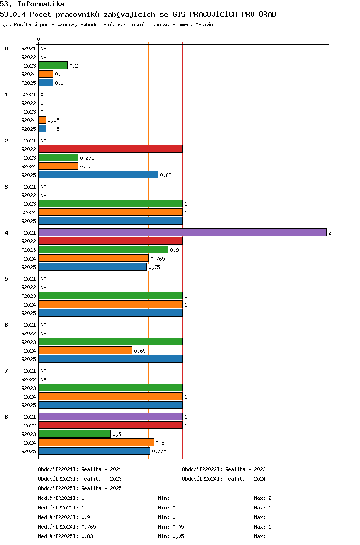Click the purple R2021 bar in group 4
tap(183, 232)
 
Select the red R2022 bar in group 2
tap(110, 149)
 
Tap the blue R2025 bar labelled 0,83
tap(98, 175)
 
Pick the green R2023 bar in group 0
tap(53, 65)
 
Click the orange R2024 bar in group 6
tap(85, 350)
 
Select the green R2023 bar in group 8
tap(75, 434)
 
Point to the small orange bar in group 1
tap(42, 120)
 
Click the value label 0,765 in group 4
tap(157, 259)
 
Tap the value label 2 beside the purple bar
tap(330, 233)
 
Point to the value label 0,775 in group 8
tap(159, 451)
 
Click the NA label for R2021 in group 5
tap(43, 279)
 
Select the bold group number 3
tap(6, 187)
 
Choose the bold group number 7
tap(6, 371)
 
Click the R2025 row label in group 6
tap(28, 359)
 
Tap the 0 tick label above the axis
tap(38, 39)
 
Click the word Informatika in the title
tap(41, 4)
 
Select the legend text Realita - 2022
tap(245, 469)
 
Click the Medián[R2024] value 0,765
tap(88, 527)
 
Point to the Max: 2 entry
tap(263, 498)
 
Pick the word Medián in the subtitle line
tap(204, 24)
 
